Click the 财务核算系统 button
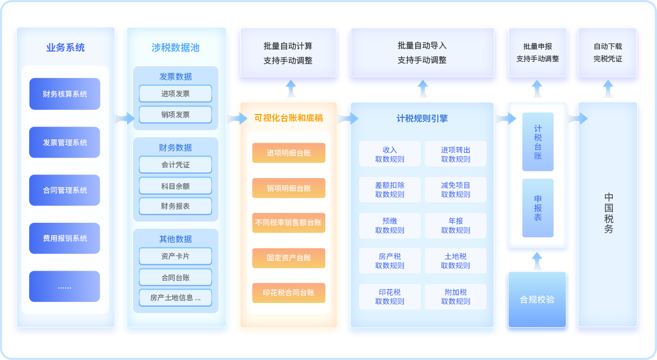65,94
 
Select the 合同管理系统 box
65,190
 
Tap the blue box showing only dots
65,286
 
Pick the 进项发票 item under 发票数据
176,94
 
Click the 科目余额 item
176,186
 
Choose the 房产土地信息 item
176,298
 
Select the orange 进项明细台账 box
289,153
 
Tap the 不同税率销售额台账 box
289,223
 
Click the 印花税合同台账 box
289,293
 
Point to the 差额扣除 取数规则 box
390,189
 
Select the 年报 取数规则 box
456,225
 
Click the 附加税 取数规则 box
456,297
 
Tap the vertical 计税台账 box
538,142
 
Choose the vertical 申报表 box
538,208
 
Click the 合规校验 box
537,300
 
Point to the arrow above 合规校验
537,261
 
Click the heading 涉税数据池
176,47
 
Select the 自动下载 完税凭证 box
607,53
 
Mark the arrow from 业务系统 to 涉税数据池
125,118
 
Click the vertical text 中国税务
609,213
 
